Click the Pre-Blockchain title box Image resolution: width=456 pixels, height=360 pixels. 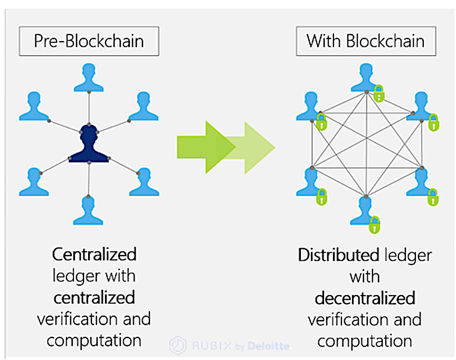89,42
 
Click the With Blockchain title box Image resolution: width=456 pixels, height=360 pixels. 365,41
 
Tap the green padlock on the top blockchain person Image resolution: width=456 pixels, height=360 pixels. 378,94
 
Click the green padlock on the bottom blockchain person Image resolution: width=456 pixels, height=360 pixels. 374,224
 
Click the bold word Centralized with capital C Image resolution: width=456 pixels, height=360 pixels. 94,254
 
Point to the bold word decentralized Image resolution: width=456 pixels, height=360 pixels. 365,298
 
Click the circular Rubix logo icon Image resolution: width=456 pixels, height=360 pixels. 177,346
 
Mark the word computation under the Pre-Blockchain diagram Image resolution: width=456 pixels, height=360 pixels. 94,340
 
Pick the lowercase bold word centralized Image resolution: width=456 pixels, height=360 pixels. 94,297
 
